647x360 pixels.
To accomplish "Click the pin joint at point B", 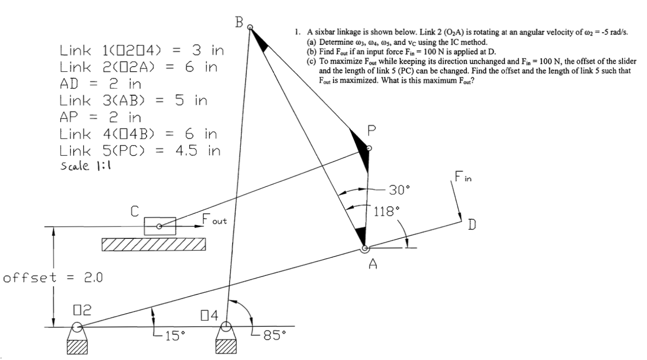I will (x=250, y=28).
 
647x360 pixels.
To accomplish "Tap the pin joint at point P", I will (x=370, y=148).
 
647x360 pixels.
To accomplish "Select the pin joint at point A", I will (x=364, y=248).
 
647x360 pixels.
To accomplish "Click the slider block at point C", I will (x=159, y=226).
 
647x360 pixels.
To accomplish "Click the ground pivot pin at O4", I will (x=226, y=326).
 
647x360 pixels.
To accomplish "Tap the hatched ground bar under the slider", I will (x=154, y=244).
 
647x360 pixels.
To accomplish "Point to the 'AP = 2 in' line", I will (x=100, y=118).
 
